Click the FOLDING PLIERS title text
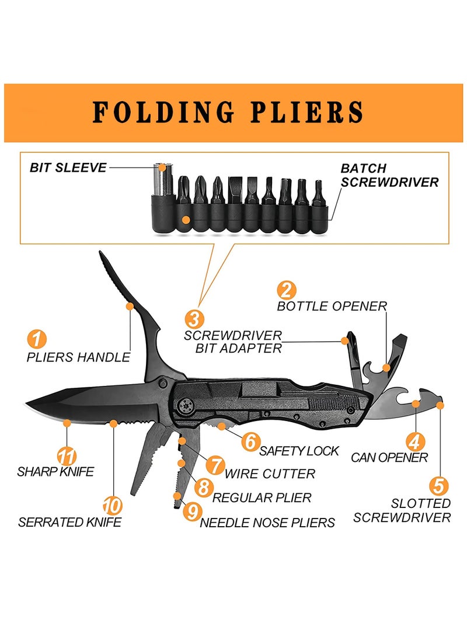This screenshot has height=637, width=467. click(228, 113)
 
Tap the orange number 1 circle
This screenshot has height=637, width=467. click(36, 338)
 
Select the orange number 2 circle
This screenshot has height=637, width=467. click(287, 290)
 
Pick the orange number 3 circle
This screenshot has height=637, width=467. click(194, 319)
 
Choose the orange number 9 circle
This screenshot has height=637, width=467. click(191, 511)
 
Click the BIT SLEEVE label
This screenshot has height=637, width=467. click(68, 168)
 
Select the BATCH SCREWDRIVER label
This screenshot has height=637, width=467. click(389, 175)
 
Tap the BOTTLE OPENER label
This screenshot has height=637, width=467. click(332, 306)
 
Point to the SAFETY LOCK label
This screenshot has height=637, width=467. click(299, 451)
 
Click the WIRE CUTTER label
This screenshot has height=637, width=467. click(270, 474)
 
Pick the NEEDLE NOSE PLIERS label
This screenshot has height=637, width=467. click(267, 523)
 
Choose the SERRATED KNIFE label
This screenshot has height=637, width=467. click(69, 522)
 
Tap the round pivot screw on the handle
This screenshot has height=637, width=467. click(186, 403)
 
